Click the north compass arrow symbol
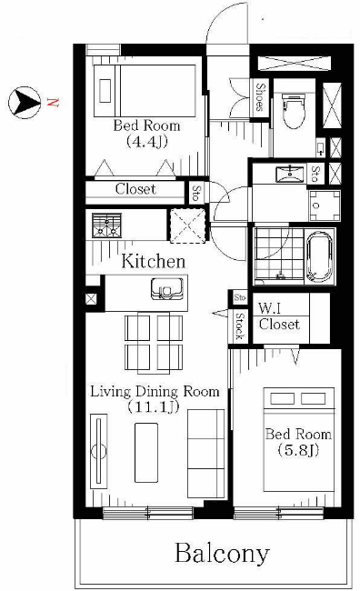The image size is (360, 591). (25, 102)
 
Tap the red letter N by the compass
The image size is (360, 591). (53, 102)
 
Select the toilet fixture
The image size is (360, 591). (294, 110)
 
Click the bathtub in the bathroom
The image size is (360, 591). (320, 256)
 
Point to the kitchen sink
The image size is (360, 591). (167, 289)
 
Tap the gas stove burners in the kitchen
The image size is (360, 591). (107, 225)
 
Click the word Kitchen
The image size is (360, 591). (154, 261)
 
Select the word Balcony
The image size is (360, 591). (222, 554)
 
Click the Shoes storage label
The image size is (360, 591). (260, 97)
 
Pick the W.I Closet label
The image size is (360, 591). (279, 316)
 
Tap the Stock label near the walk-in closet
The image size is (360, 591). (239, 326)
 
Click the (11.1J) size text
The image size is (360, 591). (153, 406)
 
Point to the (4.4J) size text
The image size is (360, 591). (146, 141)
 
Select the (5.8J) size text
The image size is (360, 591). (298, 450)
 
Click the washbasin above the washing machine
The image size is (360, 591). (290, 175)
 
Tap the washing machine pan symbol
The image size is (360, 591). (325, 205)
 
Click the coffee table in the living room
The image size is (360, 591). (146, 452)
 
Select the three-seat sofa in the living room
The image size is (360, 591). (205, 454)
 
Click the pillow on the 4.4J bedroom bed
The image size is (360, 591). (105, 90)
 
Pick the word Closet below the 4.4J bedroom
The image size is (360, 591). (135, 189)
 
